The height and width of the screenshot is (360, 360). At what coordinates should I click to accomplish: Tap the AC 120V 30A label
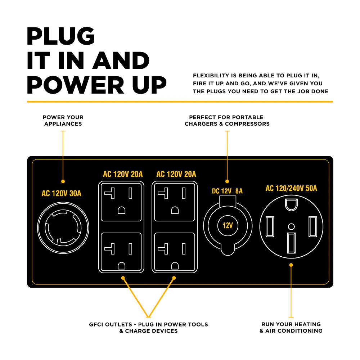point(62,194)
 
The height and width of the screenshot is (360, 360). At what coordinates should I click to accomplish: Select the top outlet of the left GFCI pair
point(121,202)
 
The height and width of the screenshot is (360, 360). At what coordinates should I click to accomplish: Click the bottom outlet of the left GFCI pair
point(121,252)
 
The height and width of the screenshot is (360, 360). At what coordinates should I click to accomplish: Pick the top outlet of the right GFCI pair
point(174,202)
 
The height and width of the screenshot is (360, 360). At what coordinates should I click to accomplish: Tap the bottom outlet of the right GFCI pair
point(174,252)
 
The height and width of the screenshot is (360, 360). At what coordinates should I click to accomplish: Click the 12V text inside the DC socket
point(228,226)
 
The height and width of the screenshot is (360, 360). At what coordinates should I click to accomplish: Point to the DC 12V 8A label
point(227,191)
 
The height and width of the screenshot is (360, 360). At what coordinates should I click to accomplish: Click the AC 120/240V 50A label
point(291,188)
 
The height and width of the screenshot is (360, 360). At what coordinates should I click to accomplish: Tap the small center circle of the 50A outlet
point(292,226)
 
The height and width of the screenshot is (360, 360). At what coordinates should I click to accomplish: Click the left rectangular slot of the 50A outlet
point(270,227)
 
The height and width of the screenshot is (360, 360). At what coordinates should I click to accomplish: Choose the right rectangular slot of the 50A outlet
point(312,227)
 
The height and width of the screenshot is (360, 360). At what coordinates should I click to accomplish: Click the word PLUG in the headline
point(61,36)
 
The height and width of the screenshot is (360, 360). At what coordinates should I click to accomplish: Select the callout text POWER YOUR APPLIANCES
point(63,121)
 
